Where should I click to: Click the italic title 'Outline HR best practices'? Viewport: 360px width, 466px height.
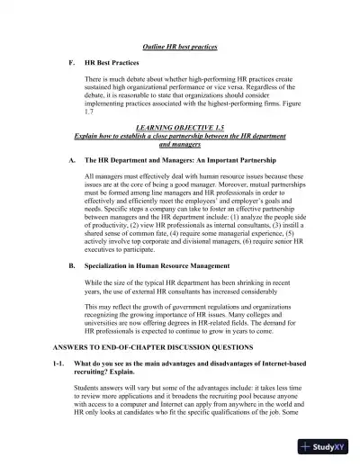pos(180,46)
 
